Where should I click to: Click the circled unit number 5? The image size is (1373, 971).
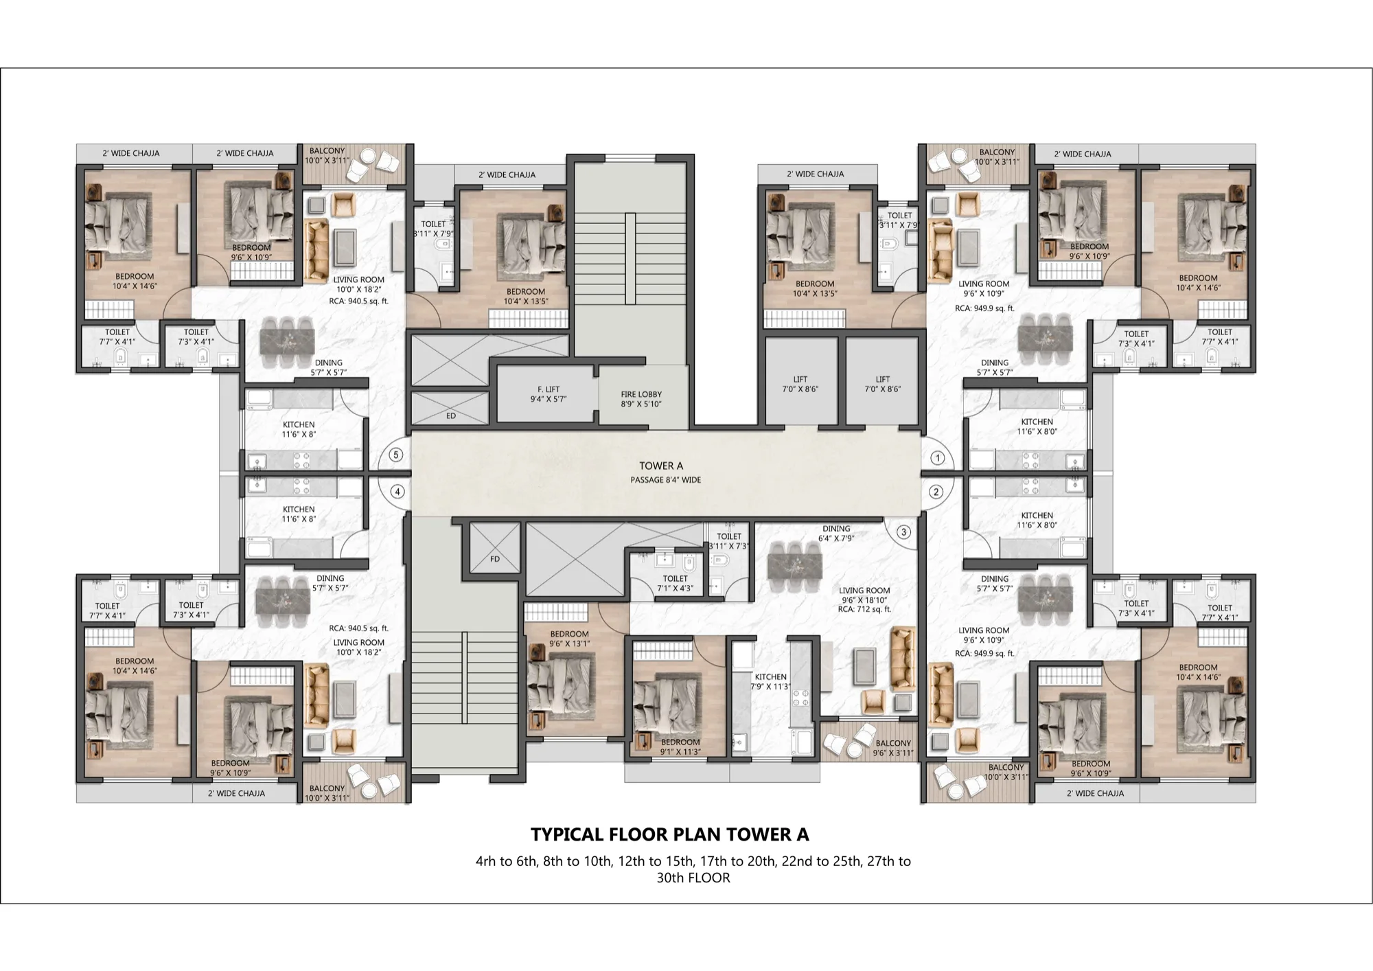pyautogui.click(x=395, y=455)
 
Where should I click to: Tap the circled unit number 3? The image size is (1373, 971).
pyautogui.click(x=903, y=532)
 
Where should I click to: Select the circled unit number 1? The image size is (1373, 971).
pyautogui.click(x=936, y=458)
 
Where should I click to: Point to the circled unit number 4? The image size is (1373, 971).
pyautogui.click(x=397, y=492)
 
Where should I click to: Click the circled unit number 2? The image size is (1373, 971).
pyautogui.click(x=936, y=492)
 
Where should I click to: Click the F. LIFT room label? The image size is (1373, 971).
pyautogui.click(x=549, y=393)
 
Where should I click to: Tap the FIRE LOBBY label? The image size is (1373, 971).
pyautogui.click(x=641, y=399)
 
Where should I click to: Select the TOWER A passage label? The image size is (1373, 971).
pyautogui.click(x=661, y=466)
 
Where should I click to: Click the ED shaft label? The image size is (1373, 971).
pyautogui.click(x=451, y=416)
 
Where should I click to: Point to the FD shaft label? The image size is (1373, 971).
pyautogui.click(x=495, y=559)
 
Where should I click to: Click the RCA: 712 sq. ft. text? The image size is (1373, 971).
pyautogui.click(x=864, y=609)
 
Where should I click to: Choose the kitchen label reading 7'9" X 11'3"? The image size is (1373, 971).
pyautogui.click(x=771, y=681)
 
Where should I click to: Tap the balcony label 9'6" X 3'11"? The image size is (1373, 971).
pyautogui.click(x=893, y=748)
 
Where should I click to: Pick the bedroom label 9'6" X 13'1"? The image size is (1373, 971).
pyautogui.click(x=569, y=639)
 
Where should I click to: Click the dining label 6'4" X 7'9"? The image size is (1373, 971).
pyautogui.click(x=836, y=534)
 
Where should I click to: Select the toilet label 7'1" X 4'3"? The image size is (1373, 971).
pyautogui.click(x=676, y=583)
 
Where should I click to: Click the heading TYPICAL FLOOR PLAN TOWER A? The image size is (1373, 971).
pyautogui.click(x=670, y=834)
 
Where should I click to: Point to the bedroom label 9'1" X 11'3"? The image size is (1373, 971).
pyautogui.click(x=680, y=746)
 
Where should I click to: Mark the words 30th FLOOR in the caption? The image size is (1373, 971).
pyautogui.click(x=693, y=878)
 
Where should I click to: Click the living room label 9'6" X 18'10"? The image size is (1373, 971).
pyautogui.click(x=864, y=595)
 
